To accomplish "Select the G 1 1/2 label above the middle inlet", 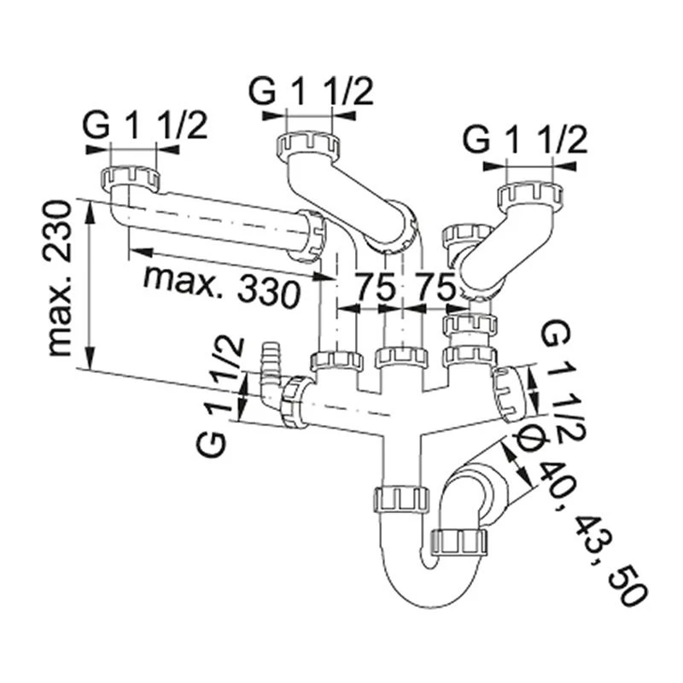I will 312,90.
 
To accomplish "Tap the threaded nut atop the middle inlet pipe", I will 307,143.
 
